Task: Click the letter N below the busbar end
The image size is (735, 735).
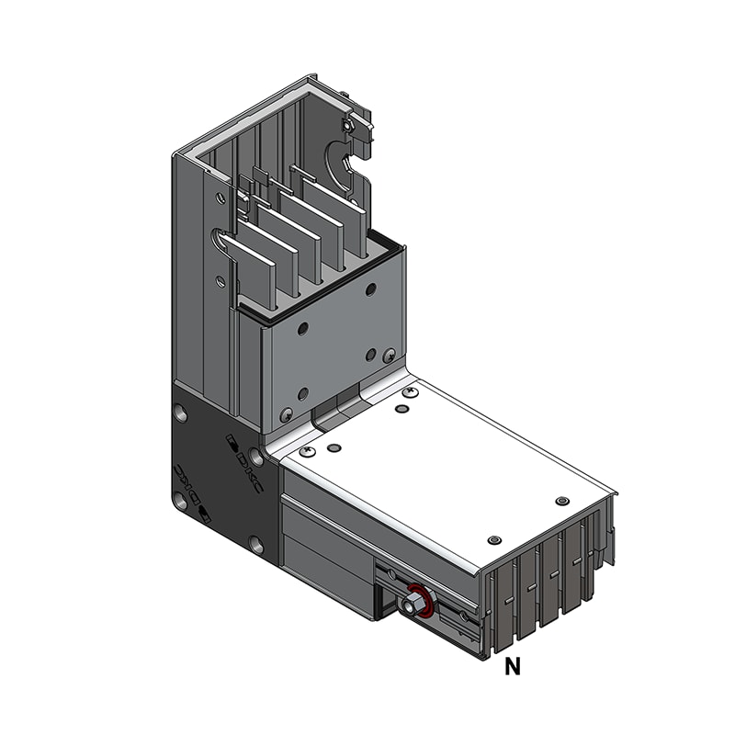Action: click(x=512, y=668)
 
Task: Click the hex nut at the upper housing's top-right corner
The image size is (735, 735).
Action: click(x=350, y=126)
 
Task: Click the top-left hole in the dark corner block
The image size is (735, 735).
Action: click(x=181, y=414)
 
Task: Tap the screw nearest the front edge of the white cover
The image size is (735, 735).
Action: click(x=494, y=538)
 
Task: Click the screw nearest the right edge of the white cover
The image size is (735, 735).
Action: click(x=562, y=501)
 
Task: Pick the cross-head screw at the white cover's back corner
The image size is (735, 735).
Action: click(x=410, y=392)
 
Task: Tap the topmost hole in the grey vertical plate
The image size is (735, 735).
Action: click(x=370, y=289)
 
